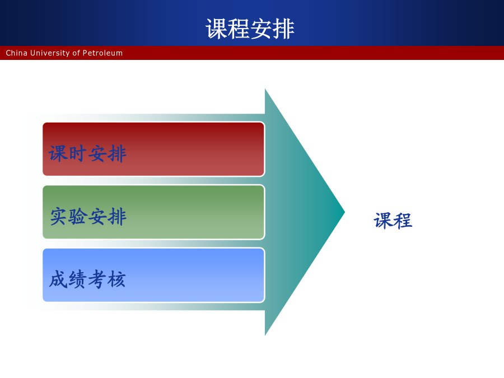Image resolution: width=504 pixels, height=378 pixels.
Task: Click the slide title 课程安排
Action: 250,29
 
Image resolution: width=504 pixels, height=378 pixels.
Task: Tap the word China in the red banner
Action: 16,53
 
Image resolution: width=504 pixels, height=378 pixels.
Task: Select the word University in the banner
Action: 50,53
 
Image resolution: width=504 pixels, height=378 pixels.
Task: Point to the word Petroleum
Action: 102,53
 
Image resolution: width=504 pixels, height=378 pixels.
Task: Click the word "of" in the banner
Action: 76,53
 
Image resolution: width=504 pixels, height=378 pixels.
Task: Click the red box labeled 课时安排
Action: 153,149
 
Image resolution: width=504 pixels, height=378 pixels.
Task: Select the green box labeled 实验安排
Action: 153,212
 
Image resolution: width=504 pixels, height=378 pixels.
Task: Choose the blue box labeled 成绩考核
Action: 153,275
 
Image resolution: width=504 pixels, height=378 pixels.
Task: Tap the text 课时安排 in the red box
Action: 87,153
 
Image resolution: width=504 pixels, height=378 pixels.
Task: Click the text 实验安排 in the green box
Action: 88,216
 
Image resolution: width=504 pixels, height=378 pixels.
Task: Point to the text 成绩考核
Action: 87,279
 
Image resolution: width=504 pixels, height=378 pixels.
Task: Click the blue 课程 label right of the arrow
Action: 393,221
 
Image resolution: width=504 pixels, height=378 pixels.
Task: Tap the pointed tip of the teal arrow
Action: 344,212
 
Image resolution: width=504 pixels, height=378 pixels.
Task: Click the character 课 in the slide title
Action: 217,29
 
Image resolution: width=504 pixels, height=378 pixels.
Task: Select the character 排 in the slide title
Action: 283,29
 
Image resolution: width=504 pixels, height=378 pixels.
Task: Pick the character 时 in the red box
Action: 77,153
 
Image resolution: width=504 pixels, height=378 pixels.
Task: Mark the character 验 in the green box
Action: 77,216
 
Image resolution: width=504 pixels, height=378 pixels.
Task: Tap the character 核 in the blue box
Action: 116,279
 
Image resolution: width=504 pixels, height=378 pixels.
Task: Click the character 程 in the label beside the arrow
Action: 403,221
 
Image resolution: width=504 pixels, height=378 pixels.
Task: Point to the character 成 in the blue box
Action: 58,279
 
